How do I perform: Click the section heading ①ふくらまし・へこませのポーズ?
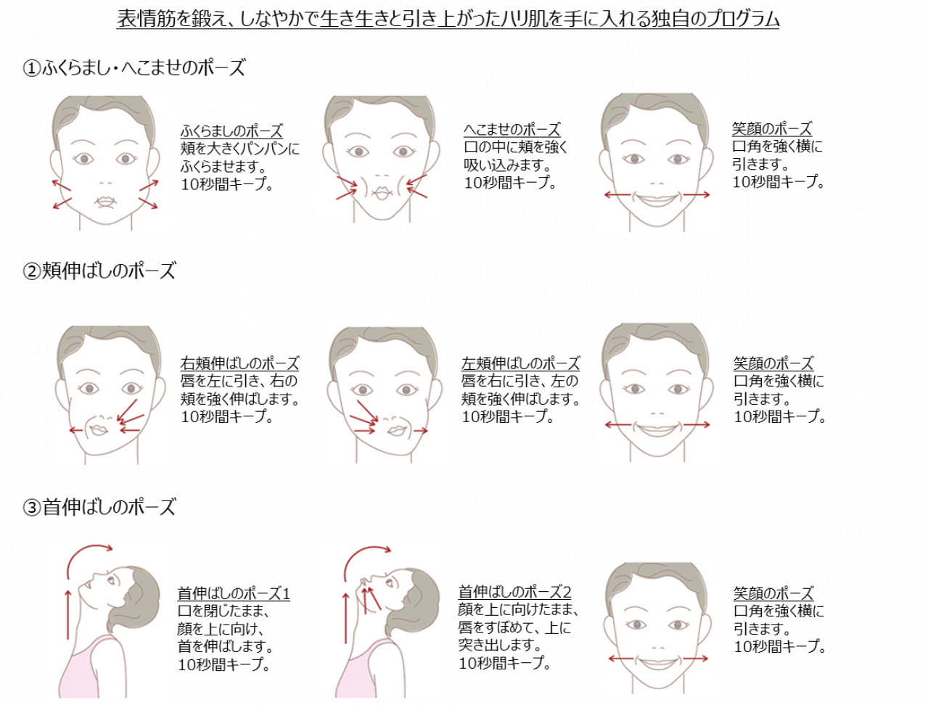[134, 68]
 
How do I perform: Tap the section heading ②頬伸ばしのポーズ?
[99, 271]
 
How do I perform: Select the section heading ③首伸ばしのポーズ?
[99, 507]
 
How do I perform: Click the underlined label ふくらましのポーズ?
[231, 131]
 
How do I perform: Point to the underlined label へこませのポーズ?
[512, 130]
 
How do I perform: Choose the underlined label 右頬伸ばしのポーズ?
[239, 363]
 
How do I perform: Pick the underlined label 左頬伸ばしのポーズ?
[521, 363]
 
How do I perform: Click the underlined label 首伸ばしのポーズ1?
[234, 594]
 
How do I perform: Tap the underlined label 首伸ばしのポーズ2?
[514, 592]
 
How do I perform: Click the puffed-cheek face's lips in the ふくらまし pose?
[106, 201]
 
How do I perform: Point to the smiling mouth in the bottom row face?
[657, 661]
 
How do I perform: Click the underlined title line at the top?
[448, 19]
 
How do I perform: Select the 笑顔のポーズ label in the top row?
[772, 129]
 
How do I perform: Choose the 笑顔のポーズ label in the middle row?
[773, 363]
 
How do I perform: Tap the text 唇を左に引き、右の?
[239, 382]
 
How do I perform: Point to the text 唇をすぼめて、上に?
[514, 627]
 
